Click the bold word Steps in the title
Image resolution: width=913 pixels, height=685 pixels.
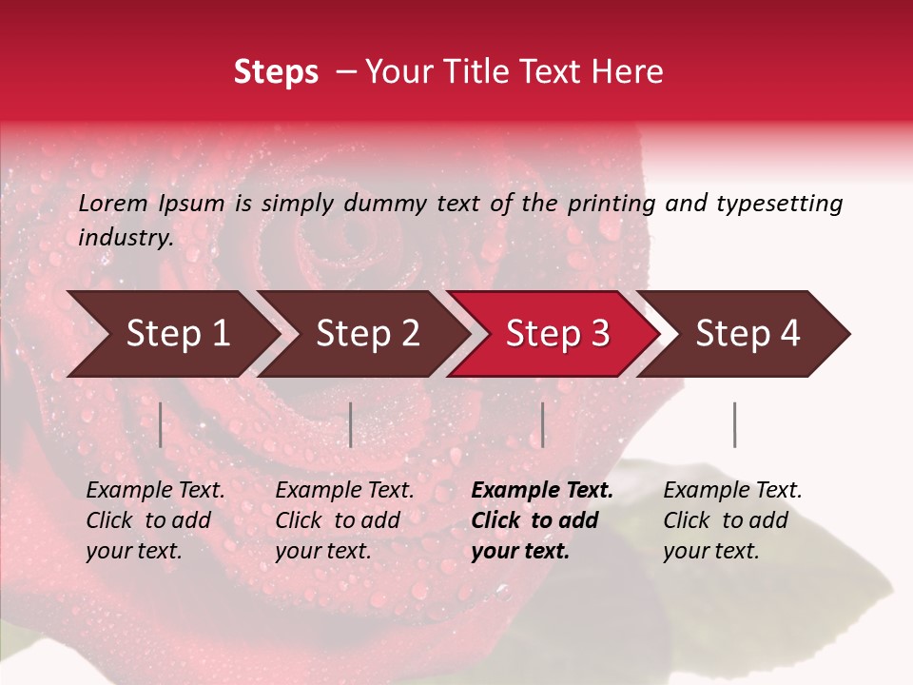[276, 72]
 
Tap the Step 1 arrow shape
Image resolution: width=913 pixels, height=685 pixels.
[171, 334]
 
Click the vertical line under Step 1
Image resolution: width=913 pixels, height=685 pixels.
[161, 424]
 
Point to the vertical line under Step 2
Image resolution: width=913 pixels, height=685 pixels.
[351, 424]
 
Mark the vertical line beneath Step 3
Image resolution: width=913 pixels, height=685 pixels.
[543, 424]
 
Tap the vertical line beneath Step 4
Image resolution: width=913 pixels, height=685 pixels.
[735, 424]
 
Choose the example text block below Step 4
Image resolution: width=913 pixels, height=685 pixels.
[732, 520]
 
